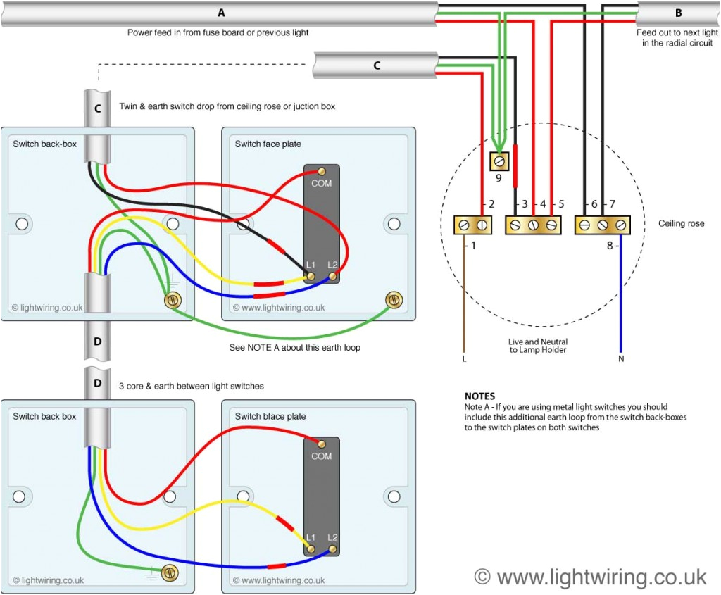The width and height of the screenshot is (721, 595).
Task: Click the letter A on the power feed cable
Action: click(x=222, y=13)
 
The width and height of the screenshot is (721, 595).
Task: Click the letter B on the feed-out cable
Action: click(x=678, y=13)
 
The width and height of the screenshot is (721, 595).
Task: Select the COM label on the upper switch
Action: click(x=322, y=183)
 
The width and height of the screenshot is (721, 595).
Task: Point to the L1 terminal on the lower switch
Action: click(x=310, y=548)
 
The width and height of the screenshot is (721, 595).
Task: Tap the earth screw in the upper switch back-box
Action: click(x=171, y=301)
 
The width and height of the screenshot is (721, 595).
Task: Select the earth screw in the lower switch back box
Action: click(x=169, y=572)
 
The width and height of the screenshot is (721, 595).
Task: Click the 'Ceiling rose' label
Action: click(x=681, y=224)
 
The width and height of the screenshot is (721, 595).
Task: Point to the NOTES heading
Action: click(x=479, y=396)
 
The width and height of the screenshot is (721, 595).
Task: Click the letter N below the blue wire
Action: click(x=620, y=358)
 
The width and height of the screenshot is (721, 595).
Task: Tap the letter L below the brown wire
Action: click(x=464, y=358)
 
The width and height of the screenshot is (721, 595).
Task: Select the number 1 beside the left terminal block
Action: click(x=473, y=246)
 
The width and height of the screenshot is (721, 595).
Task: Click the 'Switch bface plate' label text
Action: click(x=270, y=416)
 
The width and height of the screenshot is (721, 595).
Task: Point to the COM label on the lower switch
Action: click(x=322, y=456)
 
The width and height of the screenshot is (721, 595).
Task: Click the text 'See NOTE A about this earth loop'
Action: click(x=294, y=348)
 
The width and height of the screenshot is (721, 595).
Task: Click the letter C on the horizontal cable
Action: click(x=376, y=65)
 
